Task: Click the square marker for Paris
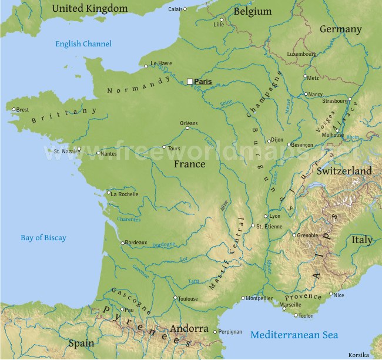click(x=190, y=82)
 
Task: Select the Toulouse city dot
click(x=175, y=298)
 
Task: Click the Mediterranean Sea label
click(x=294, y=335)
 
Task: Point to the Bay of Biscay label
click(x=43, y=238)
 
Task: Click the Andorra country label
click(x=189, y=328)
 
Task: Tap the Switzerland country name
click(x=344, y=171)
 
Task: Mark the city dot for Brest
click(x=14, y=109)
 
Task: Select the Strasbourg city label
click(x=335, y=101)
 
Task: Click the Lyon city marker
click(x=266, y=216)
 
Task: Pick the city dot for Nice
click(x=331, y=294)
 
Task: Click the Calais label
click(x=175, y=9)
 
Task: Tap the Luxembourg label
click(x=301, y=54)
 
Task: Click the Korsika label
click(x=358, y=355)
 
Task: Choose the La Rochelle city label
click(x=125, y=194)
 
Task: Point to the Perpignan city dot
click(x=215, y=332)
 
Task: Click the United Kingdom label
click(x=89, y=8)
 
